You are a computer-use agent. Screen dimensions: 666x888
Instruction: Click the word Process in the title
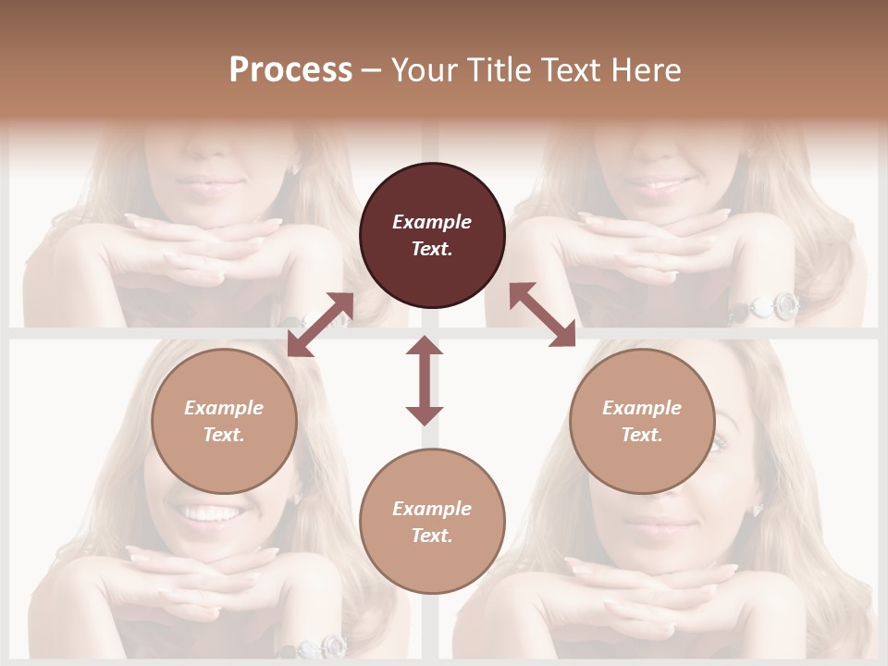click(x=290, y=70)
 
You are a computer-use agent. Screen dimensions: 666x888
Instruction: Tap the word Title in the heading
click(x=497, y=70)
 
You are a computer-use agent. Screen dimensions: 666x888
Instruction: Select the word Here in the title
click(x=647, y=70)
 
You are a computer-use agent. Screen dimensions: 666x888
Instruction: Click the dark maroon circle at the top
click(x=432, y=235)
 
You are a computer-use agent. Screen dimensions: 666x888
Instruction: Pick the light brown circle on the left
click(x=224, y=421)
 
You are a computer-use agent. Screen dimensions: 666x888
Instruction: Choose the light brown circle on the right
click(x=642, y=421)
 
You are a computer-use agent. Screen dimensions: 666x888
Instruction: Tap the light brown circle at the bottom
click(x=432, y=522)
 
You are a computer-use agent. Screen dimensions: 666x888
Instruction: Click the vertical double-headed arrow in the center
click(x=425, y=380)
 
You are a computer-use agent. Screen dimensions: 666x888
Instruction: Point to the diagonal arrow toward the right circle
click(x=543, y=314)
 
